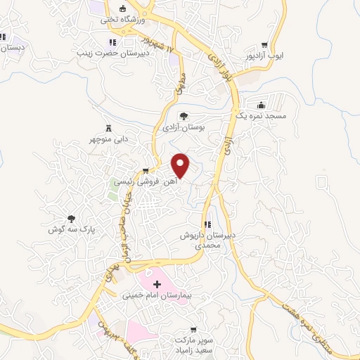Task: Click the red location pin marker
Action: point(181,164)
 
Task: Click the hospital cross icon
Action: point(157,285)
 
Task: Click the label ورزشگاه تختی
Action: point(123,20)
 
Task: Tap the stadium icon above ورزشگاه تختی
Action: point(123,8)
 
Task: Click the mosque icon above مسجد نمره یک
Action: point(262,105)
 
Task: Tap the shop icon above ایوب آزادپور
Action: point(264,44)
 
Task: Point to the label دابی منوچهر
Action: point(108,139)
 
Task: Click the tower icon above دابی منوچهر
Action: point(108,128)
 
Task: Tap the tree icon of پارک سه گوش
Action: point(70,219)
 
